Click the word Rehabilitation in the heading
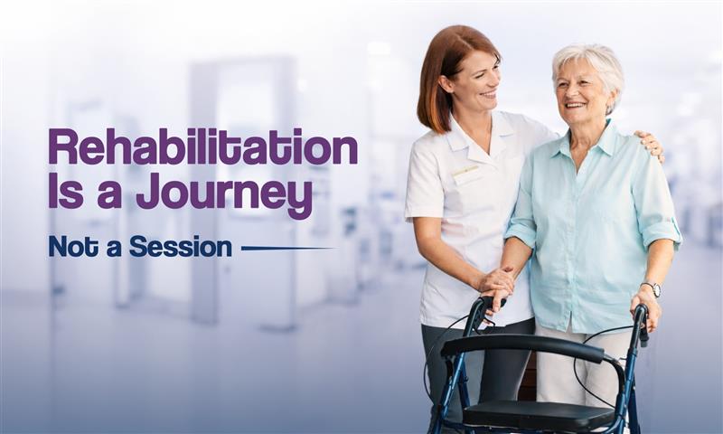tap(202, 147)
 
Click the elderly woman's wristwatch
tap(651, 288)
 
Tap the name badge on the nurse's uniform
tap(465, 171)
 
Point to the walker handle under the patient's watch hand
tap(641, 322)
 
